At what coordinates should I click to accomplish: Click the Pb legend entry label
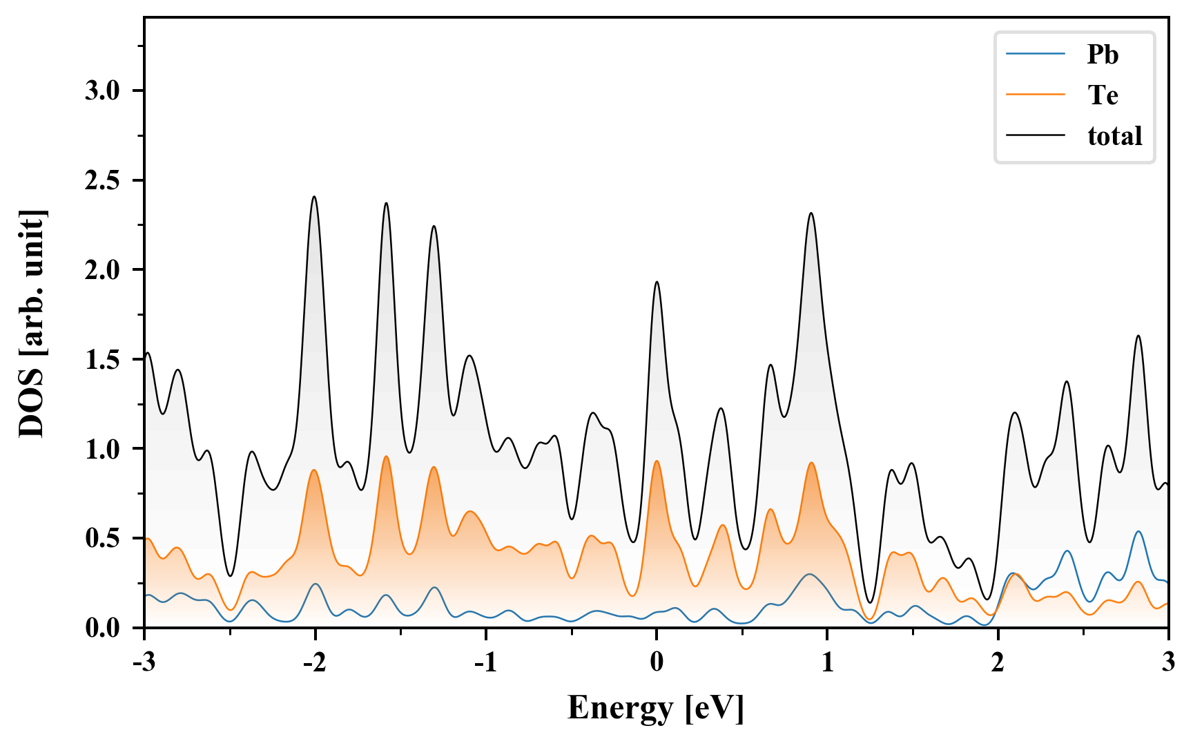click(x=1102, y=55)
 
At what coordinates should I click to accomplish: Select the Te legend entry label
click(x=1103, y=95)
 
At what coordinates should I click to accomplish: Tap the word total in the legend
click(x=1114, y=136)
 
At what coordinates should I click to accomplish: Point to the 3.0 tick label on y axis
click(x=103, y=91)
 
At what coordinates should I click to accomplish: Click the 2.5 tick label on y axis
click(x=103, y=181)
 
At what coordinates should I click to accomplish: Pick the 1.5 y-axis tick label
click(x=103, y=360)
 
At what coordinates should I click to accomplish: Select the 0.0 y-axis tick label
click(x=103, y=629)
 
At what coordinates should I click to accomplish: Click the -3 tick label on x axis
click(x=144, y=662)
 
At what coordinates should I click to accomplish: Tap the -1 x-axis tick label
click(x=485, y=662)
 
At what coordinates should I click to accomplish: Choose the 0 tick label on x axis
click(x=657, y=662)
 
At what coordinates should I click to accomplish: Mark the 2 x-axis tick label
click(x=998, y=662)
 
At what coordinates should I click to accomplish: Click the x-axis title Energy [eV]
click(x=656, y=708)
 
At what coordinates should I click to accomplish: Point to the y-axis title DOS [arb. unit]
click(x=32, y=323)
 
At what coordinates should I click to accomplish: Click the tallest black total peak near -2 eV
click(x=314, y=197)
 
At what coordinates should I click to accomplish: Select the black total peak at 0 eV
click(x=657, y=282)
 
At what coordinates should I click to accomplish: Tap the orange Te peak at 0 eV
click(x=657, y=461)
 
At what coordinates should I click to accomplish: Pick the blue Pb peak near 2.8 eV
click(x=1138, y=531)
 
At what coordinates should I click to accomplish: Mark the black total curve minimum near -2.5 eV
click(x=231, y=575)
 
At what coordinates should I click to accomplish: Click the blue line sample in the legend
click(x=1036, y=55)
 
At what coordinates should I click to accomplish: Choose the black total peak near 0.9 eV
click(x=811, y=213)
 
